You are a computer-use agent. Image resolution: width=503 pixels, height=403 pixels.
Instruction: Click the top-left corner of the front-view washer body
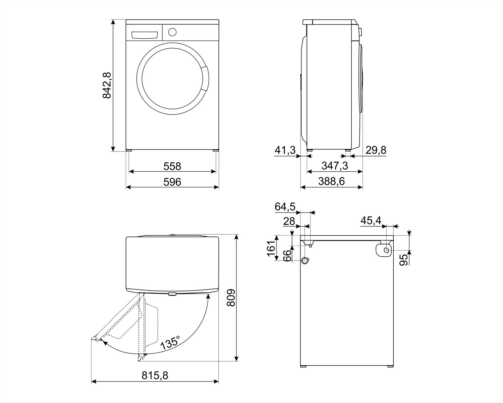[126, 20]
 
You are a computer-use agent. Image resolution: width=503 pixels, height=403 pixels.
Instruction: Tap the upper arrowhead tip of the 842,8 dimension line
[113, 20]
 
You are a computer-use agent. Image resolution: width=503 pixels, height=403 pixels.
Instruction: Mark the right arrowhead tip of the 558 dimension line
[216, 172]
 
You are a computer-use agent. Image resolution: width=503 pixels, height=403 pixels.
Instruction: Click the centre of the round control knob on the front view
[172, 32]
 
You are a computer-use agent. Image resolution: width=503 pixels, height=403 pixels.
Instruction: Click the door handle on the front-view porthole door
[205, 79]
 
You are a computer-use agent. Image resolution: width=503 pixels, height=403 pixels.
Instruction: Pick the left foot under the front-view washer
[129, 150]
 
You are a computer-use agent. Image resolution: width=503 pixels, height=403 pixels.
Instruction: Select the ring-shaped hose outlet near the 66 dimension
[305, 260]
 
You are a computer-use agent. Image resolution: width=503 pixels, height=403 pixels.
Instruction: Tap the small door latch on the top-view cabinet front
[172, 294]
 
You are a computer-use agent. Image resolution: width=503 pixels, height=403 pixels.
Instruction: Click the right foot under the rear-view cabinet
[391, 373]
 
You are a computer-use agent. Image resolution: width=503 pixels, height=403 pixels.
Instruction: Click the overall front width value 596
[172, 182]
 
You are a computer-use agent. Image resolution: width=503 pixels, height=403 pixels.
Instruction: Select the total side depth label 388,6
[331, 181]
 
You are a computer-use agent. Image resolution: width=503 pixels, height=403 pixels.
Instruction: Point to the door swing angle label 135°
[170, 343]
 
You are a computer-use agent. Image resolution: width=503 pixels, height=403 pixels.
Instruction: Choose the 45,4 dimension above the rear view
[371, 221]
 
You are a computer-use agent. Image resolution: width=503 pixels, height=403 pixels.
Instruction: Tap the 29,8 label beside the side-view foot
[376, 150]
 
